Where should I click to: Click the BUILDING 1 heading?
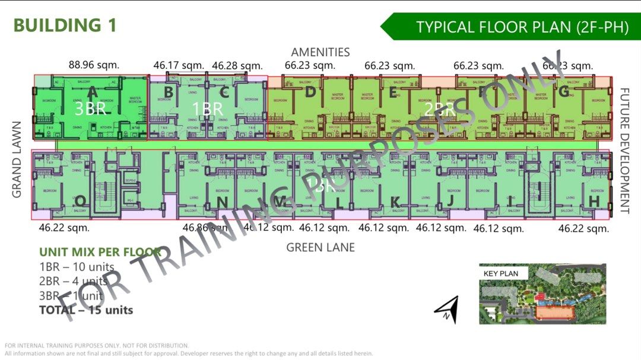coord(65,26)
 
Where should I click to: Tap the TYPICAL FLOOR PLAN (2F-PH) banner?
coord(522,27)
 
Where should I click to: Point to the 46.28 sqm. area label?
coord(237,65)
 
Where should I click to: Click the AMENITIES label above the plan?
coord(320,52)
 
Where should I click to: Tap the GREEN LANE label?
coord(320,247)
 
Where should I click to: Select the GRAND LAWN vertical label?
coord(16,160)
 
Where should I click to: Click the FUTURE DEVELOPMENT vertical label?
coord(624,151)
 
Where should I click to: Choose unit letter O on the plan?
coord(80,203)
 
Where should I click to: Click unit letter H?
coord(594,202)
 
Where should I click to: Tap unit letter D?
coord(310,92)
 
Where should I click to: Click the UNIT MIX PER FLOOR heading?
coord(100,252)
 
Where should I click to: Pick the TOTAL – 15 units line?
coord(86,310)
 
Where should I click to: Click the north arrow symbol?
coord(446,309)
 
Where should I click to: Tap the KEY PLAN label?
coord(501,273)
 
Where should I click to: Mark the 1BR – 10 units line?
coord(77,267)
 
